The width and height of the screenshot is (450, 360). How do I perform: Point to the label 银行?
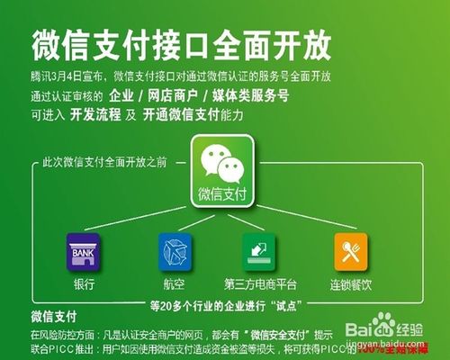(84, 283)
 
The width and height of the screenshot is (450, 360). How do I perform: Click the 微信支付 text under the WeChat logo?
(223, 193)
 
